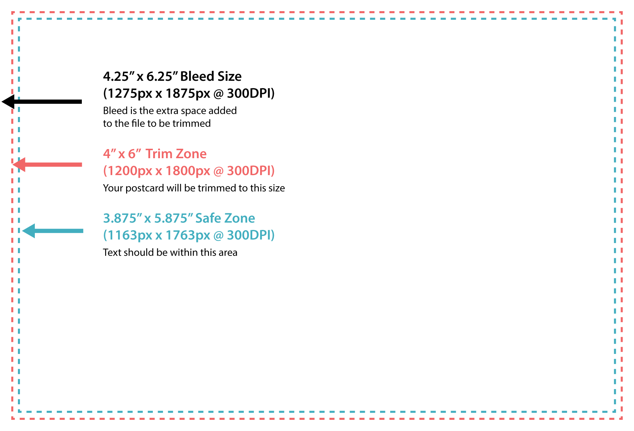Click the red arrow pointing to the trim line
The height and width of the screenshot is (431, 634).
click(47, 165)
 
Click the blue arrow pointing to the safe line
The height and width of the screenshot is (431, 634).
click(53, 231)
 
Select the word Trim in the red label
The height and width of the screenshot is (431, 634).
click(159, 154)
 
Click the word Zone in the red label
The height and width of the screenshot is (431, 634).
click(191, 154)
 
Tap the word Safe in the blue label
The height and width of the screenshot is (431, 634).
click(207, 218)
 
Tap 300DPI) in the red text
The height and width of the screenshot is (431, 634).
click(251, 171)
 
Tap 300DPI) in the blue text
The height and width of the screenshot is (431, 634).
click(251, 235)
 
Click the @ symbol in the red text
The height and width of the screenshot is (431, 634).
click(218, 171)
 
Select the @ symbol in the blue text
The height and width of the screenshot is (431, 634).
click(218, 236)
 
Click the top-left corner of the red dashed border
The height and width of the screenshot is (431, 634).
click(13, 13)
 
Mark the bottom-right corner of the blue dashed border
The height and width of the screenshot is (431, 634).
click(615, 411)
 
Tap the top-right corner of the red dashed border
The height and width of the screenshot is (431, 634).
click(621, 13)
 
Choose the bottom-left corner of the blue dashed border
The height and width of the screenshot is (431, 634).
click(19, 411)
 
